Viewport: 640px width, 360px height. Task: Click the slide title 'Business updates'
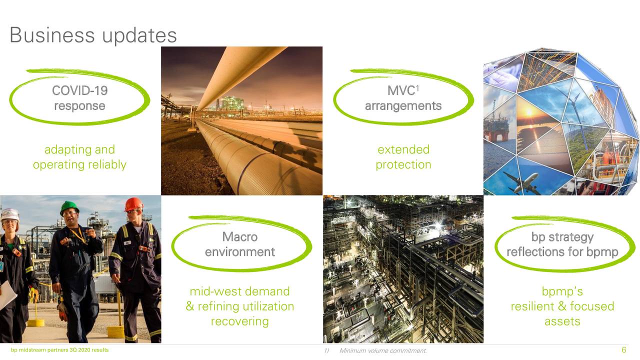[93, 35]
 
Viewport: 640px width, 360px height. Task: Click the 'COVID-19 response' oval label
[79, 98]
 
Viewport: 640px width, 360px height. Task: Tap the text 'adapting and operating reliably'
[79, 157]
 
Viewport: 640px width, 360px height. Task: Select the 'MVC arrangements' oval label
[403, 98]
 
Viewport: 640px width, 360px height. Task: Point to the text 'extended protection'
[403, 157]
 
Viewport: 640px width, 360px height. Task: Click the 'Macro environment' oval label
[240, 244]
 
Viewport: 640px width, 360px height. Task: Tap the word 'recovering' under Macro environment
[240, 321]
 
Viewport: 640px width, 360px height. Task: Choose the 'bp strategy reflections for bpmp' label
[562, 244]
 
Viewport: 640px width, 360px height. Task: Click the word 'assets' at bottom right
[562, 321]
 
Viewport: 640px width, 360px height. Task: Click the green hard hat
[69, 206]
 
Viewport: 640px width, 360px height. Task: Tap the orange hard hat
[133, 203]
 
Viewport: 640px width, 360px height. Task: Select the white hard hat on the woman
[9, 214]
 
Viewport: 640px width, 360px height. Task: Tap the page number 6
[623, 350]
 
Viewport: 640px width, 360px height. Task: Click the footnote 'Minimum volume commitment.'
[383, 350]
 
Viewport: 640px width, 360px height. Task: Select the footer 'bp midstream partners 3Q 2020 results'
[59, 350]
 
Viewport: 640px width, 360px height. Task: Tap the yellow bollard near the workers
[116, 330]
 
